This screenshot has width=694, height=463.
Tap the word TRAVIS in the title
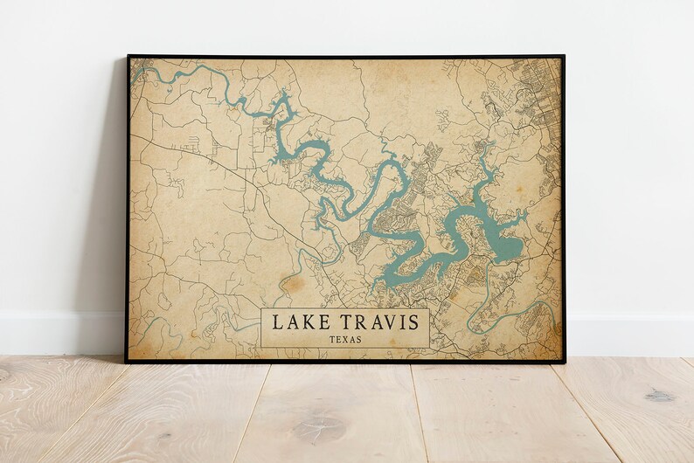tap(378, 322)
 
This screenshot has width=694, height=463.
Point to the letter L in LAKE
tap(278, 322)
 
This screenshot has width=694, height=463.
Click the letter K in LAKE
tap(307, 322)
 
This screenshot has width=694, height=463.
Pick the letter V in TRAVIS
tap(385, 322)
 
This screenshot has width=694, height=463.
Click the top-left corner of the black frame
tap(128, 56)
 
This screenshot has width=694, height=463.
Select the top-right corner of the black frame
tap(564, 56)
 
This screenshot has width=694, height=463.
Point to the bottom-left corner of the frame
tap(126, 362)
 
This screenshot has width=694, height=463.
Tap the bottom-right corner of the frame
tap(565, 362)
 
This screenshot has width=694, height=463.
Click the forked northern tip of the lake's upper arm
tap(281, 105)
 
